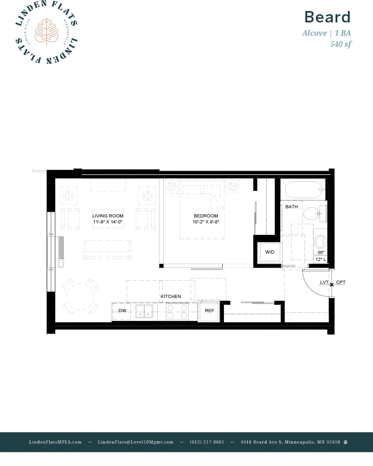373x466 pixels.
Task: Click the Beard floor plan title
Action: [x=327, y=17]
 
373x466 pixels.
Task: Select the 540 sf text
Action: [x=341, y=44]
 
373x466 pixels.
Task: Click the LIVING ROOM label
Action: [x=108, y=216]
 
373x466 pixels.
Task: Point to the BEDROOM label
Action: [x=206, y=216]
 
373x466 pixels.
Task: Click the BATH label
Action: [x=291, y=207]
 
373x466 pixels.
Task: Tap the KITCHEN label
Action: [x=171, y=297]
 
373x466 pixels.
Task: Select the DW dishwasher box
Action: [x=122, y=311]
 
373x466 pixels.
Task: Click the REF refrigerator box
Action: [x=209, y=311]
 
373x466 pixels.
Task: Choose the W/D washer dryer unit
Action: [x=269, y=252]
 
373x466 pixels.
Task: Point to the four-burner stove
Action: [x=177, y=311]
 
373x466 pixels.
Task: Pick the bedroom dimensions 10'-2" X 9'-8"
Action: [x=206, y=222]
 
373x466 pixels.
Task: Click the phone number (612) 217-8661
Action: [x=207, y=442]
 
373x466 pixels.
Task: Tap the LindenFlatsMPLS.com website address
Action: [x=55, y=442]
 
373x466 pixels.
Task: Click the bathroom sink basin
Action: [x=320, y=241]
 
